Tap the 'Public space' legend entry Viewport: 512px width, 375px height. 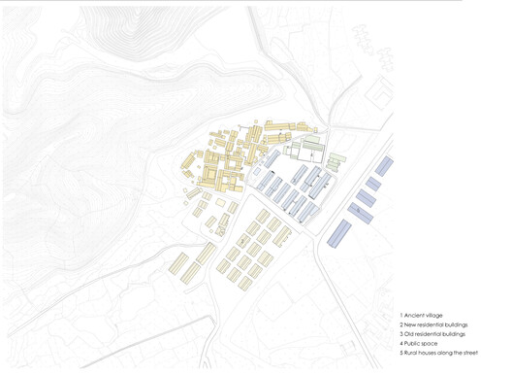point(426,343)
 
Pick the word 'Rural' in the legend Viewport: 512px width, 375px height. point(413,353)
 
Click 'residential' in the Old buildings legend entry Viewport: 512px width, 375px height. point(433,333)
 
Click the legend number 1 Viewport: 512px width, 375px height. point(401,315)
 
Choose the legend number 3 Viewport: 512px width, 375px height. point(401,333)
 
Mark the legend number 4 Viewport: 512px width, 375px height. point(401,343)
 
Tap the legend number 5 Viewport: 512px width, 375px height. point(401,353)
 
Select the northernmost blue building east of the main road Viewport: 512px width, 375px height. point(384,166)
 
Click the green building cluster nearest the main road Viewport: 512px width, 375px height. point(336,161)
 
